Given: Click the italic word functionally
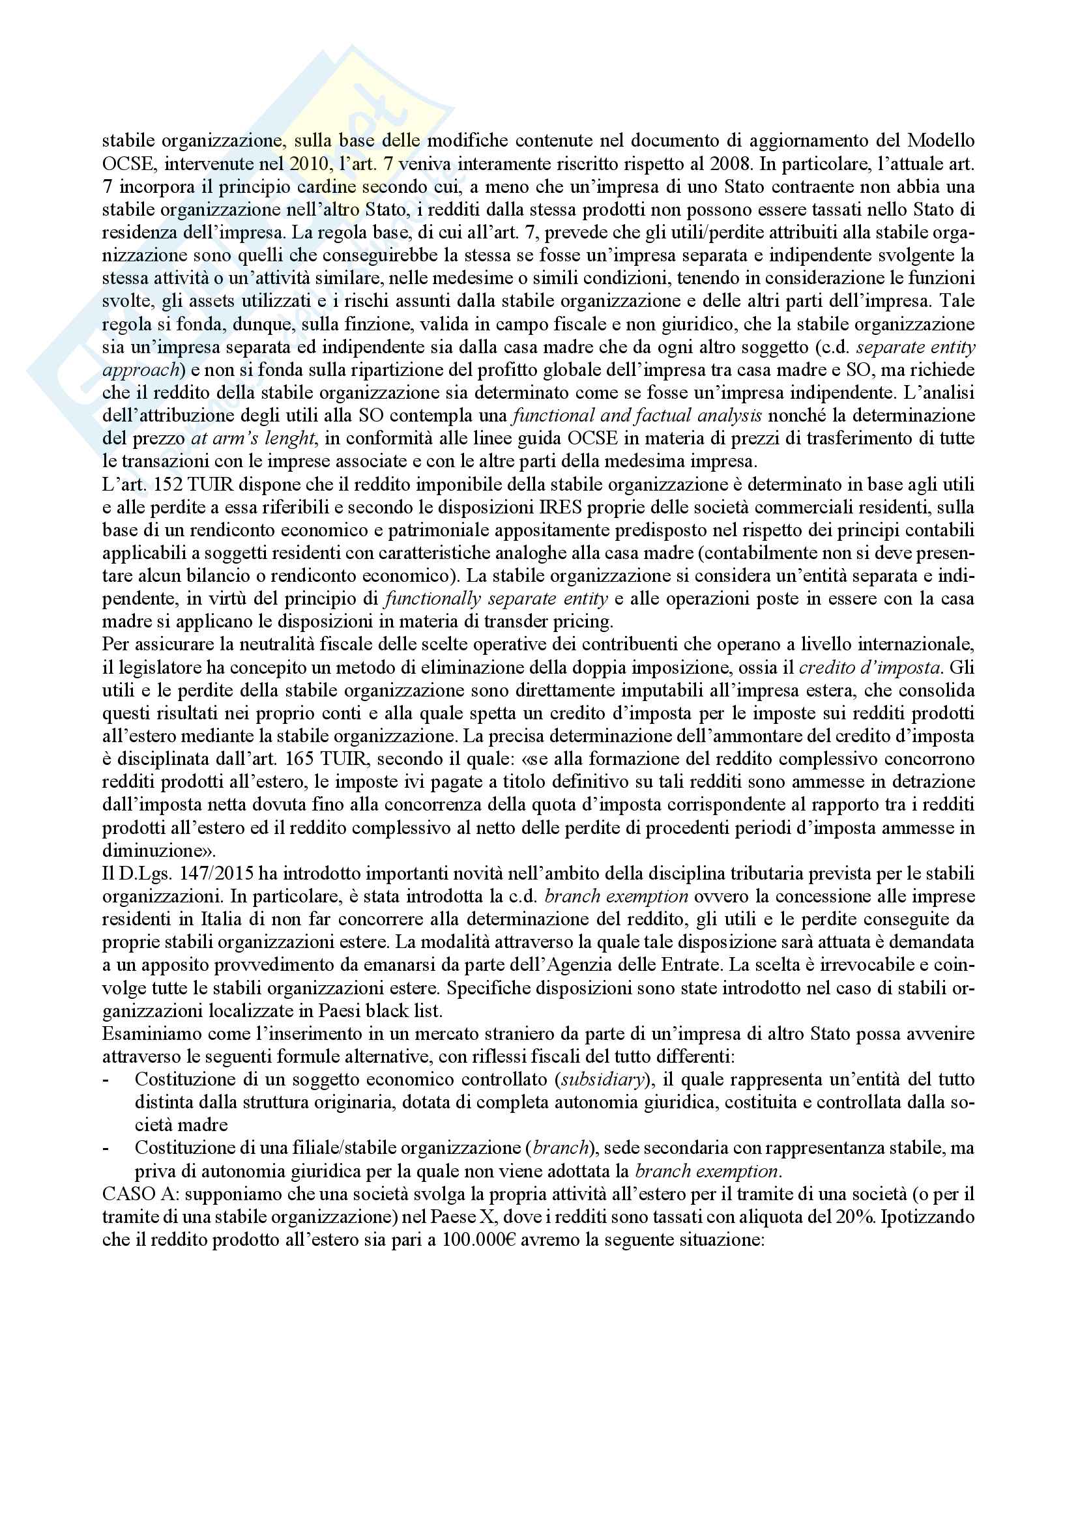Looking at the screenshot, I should [x=433, y=599].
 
